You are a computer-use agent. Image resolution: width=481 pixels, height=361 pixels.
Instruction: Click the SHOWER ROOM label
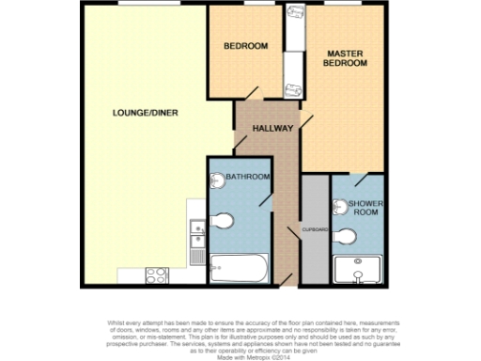pyautogui.click(x=365, y=207)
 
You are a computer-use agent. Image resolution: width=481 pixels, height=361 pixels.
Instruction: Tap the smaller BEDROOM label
pyautogui.click(x=245, y=46)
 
